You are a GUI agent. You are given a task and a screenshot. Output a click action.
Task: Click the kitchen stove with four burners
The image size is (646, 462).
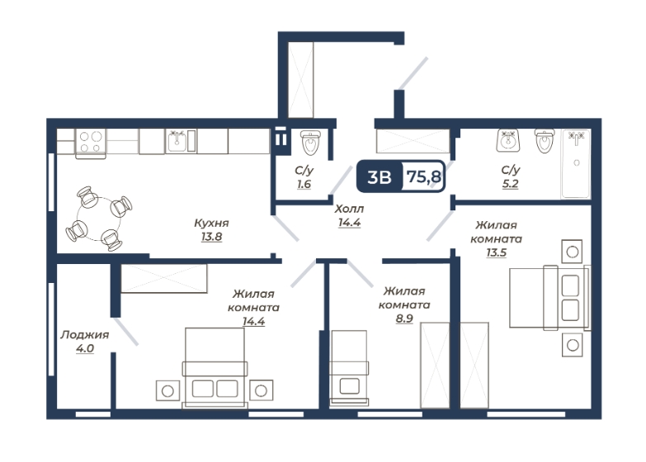click(91, 144)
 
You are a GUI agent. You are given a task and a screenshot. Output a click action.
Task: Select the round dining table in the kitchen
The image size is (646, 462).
click(99, 219)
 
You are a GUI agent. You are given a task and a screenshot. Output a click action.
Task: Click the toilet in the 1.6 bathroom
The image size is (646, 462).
click(310, 143)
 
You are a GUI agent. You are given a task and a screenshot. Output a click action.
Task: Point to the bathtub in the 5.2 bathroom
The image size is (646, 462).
click(576, 163)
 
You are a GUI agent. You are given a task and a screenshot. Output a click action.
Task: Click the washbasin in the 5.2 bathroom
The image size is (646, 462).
click(508, 140)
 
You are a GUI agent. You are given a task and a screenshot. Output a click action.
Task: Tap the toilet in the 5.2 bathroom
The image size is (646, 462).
click(545, 141)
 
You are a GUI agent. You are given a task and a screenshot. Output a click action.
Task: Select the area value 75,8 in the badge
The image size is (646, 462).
click(424, 177)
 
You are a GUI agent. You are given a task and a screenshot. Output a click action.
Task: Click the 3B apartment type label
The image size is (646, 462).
click(379, 177)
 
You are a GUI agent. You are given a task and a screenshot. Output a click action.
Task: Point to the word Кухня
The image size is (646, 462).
click(211, 223)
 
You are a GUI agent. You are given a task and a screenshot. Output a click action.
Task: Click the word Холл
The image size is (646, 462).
click(349, 209)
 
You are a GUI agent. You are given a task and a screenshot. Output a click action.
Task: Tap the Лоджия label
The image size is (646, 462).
click(85, 335)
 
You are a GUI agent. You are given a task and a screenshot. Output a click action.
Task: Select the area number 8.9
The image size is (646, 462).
click(404, 318)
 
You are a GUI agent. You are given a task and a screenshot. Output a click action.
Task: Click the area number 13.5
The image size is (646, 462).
click(497, 252)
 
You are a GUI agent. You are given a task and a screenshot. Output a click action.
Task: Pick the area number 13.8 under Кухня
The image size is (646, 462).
click(212, 237)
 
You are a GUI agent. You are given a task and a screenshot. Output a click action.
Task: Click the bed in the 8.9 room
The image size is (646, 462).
click(349, 368)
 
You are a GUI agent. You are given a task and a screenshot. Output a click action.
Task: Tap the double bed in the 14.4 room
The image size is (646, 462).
click(215, 368)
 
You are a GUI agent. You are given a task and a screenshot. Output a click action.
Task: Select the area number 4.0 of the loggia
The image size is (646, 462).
click(85, 349)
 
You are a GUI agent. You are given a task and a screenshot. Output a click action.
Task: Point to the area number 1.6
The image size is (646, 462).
click(304, 184)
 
